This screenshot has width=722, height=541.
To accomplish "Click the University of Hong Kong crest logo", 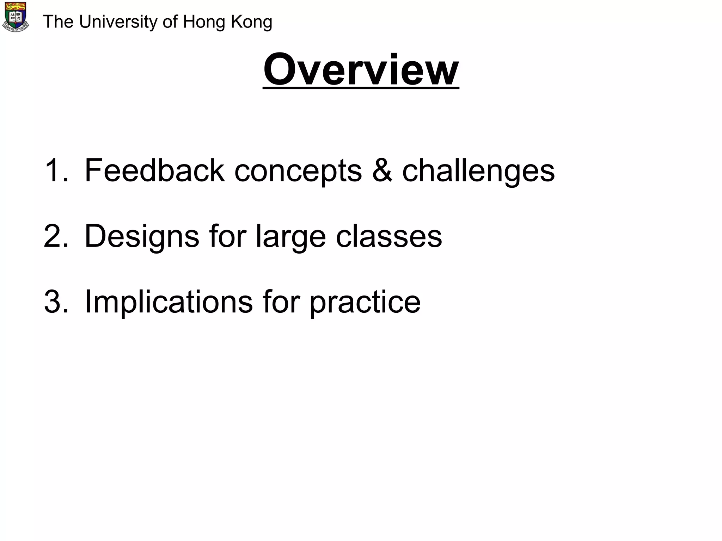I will (x=16, y=17).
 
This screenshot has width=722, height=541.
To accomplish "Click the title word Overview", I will (x=361, y=69).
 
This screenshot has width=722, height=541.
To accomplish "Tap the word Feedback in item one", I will (x=154, y=170).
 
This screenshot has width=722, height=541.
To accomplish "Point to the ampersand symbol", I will (x=382, y=170).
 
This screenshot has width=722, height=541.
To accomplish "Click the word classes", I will (x=389, y=236).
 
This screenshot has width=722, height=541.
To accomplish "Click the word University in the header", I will (x=118, y=22).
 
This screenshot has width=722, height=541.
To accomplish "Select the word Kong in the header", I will (x=251, y=22).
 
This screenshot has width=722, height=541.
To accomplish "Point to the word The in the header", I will (x=58, y=22).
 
